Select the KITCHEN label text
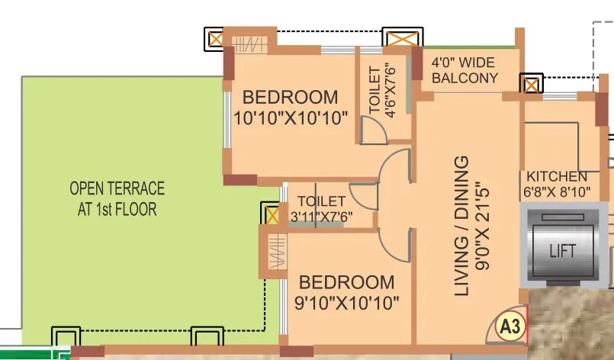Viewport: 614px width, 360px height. (552, 176)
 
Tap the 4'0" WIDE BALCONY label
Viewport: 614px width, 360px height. (465, 70)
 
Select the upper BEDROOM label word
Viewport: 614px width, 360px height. (290, 98)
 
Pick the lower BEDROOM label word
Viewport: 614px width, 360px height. (346, 281)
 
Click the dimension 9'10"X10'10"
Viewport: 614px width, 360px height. (347, 302)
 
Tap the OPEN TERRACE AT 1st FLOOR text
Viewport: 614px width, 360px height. (117, 198)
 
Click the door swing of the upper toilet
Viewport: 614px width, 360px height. (373, 132)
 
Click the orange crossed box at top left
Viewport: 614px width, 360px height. (216, 37)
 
